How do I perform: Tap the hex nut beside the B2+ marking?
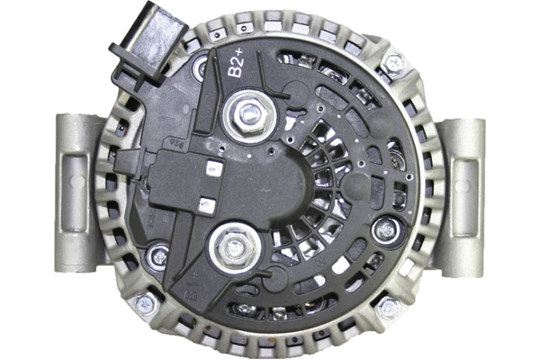(x=249, y=114)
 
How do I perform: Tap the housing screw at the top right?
(x=393, y=63)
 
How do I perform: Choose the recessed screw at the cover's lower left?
(x=159, y=256)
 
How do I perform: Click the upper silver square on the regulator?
(x=213, y=166)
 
